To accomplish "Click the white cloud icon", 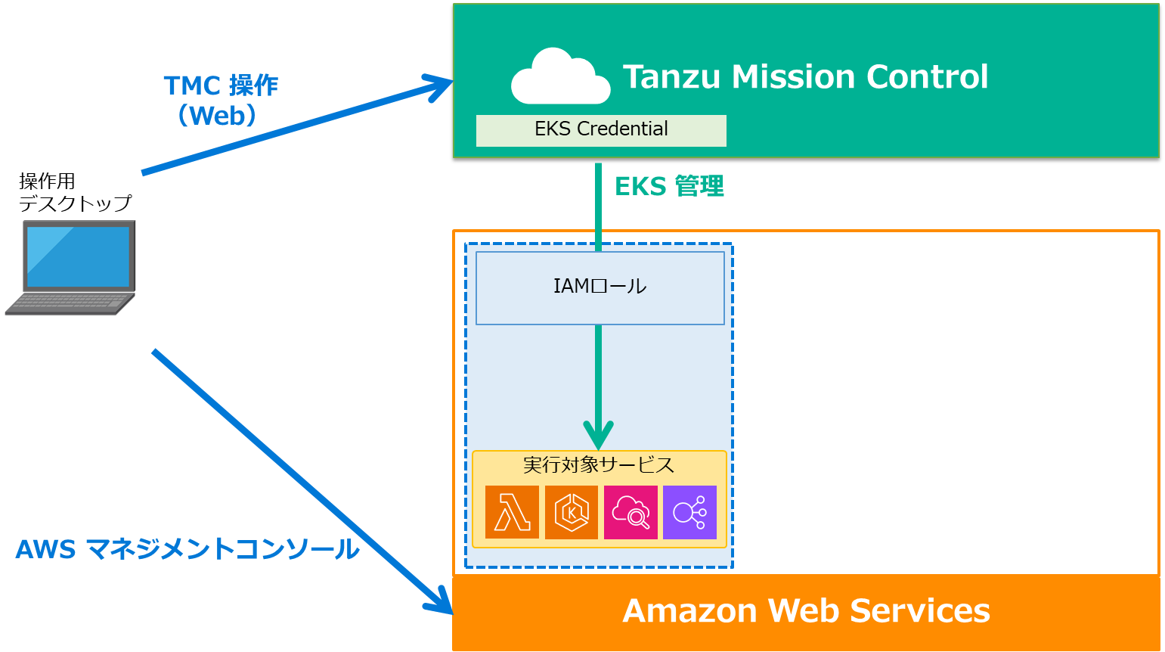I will click(x=560, y=77).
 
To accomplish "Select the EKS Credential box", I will click(x=601, y=130).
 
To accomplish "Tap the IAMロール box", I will click(x=600, y=287).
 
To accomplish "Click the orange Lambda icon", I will click(x=512, y=512).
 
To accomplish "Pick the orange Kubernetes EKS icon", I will click(x=572, y=512).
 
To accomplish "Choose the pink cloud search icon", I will click(x=631, y=512).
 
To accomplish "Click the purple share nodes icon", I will click(x=689, y=512).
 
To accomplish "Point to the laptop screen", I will click(x=78, y=256).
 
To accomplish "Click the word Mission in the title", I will click(x=793, y=77).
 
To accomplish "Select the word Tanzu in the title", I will click(x=671, y=77).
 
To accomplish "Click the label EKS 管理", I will click(x=669, y=186).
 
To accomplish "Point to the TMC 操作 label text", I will click(x=221, y=86).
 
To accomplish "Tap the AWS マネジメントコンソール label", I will click(x=187, y=549).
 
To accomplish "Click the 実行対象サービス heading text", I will click(x=599, y=464).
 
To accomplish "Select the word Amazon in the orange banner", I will click(x=689, y=611).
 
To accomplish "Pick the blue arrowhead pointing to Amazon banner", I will click(x=439, y=602).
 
